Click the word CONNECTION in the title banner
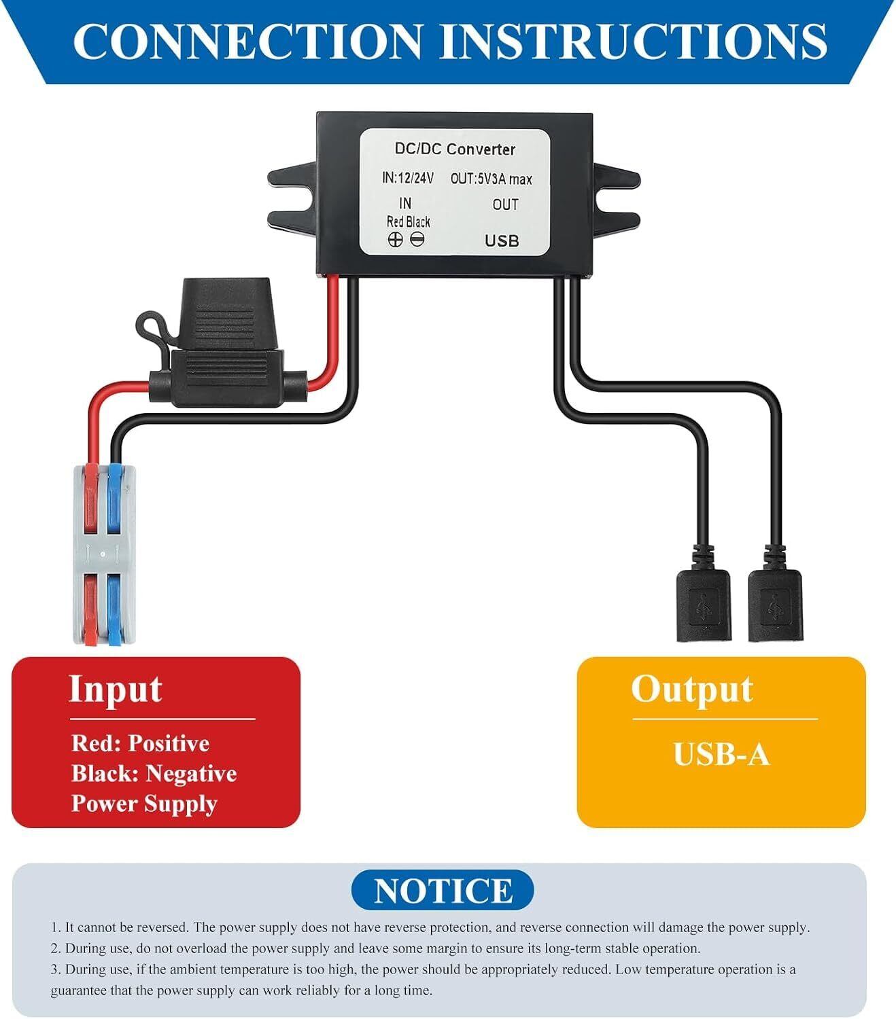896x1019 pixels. tap(247, 41)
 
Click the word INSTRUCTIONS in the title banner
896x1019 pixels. tap(634, 41)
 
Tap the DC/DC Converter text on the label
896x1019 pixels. tap(455, 149)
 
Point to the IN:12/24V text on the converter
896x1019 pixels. tap(408, 178)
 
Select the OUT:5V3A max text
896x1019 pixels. tap(491, 179)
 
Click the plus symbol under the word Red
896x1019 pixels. tap(395, 240)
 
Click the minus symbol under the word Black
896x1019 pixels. tap(417, 239)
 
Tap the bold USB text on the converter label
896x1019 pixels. tap(501, 241)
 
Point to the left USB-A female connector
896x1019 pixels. tap(703, 605)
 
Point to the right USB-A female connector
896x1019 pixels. tap(775, 605)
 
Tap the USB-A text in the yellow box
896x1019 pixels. tap(721, 755)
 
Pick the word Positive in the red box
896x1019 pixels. tap(169, 743)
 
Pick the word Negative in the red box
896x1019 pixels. tap(191, 774)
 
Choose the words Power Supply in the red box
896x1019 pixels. tap(145, 804)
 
